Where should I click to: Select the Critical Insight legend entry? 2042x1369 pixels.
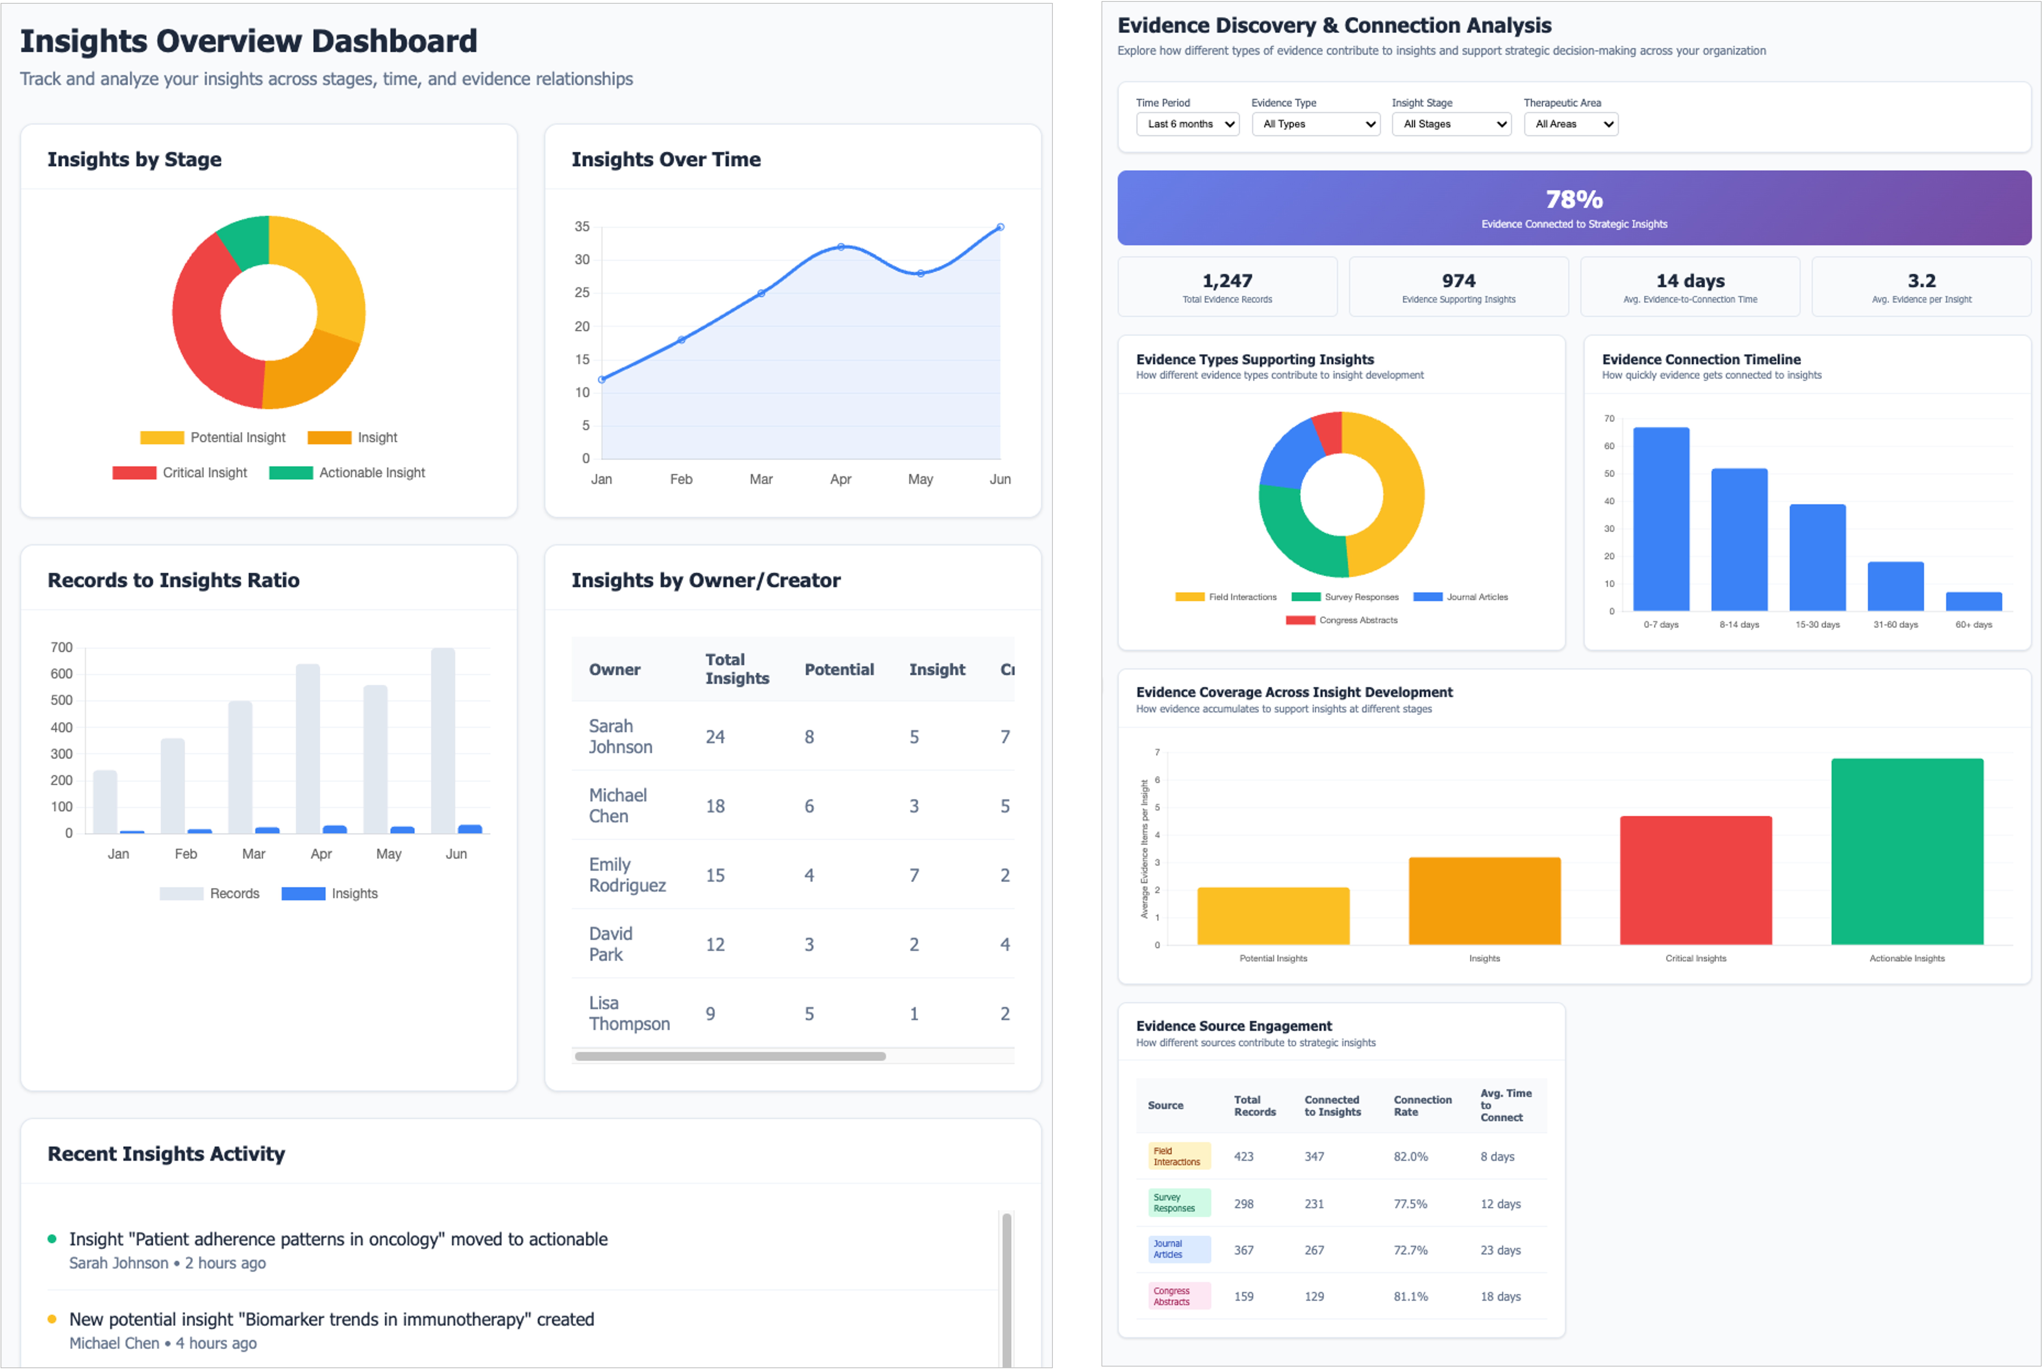tap(181, 472)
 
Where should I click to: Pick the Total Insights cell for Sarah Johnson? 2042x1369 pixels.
tap(715, 737)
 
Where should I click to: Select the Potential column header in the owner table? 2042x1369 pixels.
tap(838, 670)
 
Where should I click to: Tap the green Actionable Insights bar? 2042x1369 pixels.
tap(1907, 851)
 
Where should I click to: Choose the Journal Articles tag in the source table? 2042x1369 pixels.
tap(1178, 1249)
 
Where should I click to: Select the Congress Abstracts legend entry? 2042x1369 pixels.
tap(1342, 620)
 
